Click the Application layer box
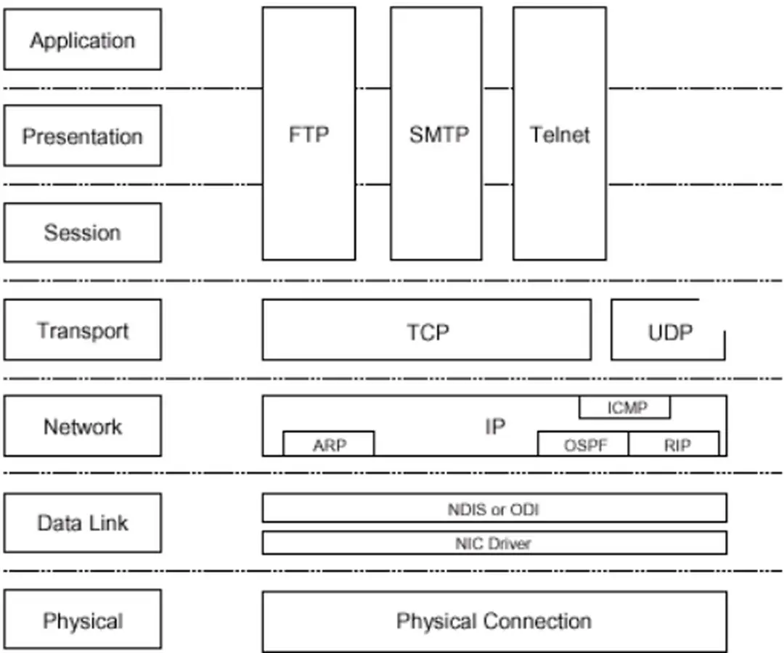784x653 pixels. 82,40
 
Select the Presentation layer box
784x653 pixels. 82,136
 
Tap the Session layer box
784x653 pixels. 82,232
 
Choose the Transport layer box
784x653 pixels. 82,330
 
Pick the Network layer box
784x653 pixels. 82,426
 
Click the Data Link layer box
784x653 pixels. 82,522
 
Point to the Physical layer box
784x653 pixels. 82,620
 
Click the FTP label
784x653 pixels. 309,135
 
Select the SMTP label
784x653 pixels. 438,135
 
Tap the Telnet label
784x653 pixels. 559,135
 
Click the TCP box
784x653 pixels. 427,331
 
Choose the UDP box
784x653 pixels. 669,332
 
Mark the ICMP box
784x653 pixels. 625,408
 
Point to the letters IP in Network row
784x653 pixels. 494,426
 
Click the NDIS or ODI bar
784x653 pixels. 494,509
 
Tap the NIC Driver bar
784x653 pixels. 494,543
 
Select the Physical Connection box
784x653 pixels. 494,621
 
